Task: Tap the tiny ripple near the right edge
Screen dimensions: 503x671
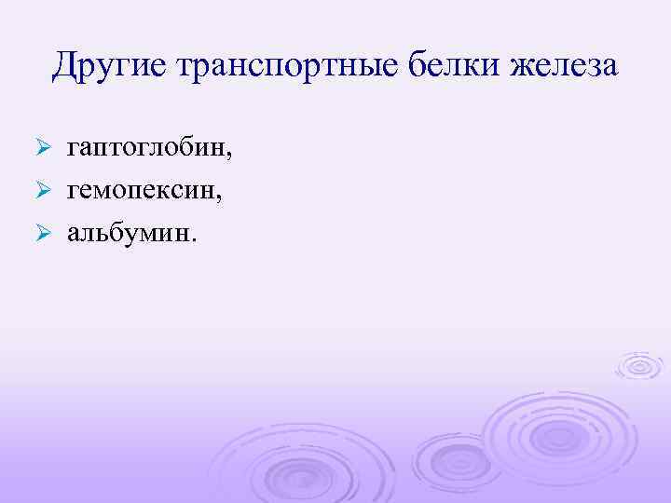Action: point(639,366)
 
